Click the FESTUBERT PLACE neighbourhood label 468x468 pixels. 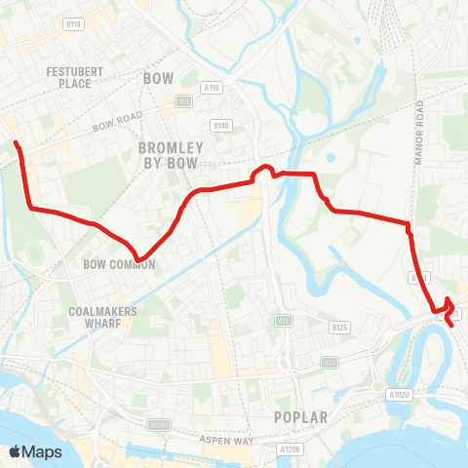[68, 77]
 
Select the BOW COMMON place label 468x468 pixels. [119, 264]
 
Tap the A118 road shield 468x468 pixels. [212, 87]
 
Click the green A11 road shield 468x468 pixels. [182, 100]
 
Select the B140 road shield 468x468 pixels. [221, 126]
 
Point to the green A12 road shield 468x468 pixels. [283, 319]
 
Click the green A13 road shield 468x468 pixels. [331, 362]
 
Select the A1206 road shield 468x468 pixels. [286, 449]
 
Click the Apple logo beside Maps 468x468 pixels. [16, 451]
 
